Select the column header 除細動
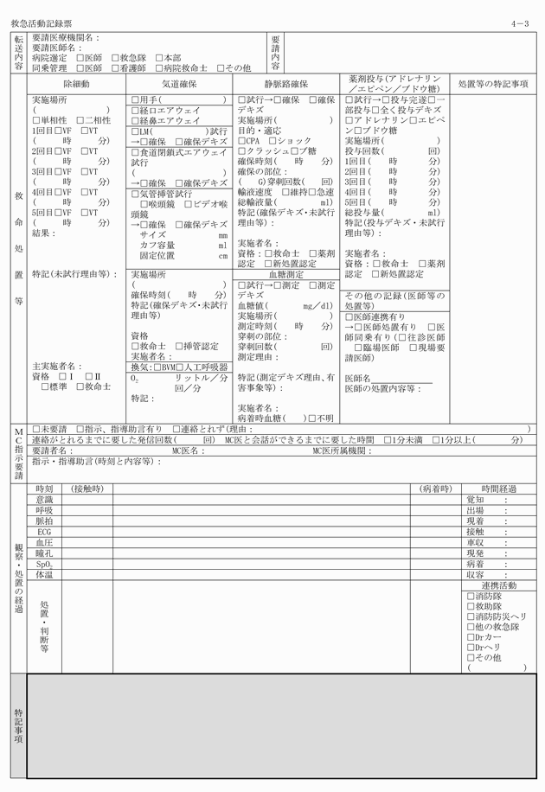click(x=76, y=84)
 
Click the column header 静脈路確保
click(x=285, y=84)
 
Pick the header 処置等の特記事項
click(x=492, y=84)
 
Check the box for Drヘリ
click(x=471, y=646)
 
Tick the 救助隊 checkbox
click(x=471, y=606)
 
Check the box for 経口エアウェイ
click(x=134, y=111)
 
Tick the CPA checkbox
click(x=240, y=140)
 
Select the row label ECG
click(x=44, y=532)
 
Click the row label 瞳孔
click(x=44, y=552)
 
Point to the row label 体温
click(x=44, y=574)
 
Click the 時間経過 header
click(x=499, y=489)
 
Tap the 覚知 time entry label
click(x=476, y=501)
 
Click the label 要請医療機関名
click(x=66, y=38)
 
